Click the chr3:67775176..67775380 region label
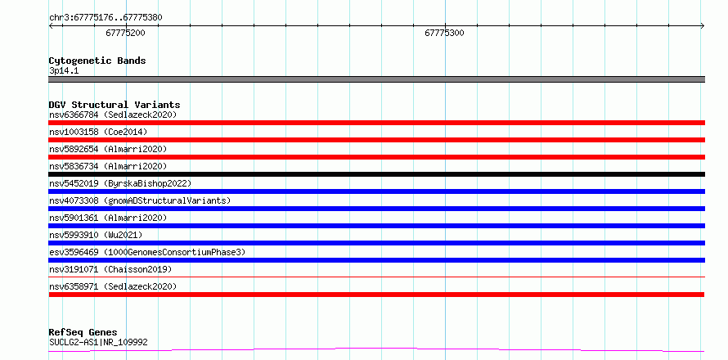(x=106, y=18)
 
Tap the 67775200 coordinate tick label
(x=125, y=33)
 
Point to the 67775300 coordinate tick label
(x=444, y=33)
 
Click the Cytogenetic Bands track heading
(x=97, y=61)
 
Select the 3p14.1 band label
(x=64, y=71)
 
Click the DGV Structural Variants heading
(x=115, y=105)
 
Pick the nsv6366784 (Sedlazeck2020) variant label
(x=113, y=115)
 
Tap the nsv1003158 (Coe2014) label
(x=98, y=132)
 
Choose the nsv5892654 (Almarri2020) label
(x=108, y=149)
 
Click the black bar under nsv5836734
(x=376, y=174)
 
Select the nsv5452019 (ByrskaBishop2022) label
(x=120, y=183)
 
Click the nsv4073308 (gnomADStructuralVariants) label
(x=140, y=200)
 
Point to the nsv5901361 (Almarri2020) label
(x=108, y=218)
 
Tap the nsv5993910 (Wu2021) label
(x=96, y=235)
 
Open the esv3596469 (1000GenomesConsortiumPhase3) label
(x=147, y=252)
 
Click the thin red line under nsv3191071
(x=376, y=277)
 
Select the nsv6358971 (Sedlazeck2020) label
(x=113, y=286)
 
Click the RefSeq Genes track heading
(x=83, y=333)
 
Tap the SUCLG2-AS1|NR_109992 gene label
(x=98, y=343)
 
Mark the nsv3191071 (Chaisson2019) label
(x=110, y=269)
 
